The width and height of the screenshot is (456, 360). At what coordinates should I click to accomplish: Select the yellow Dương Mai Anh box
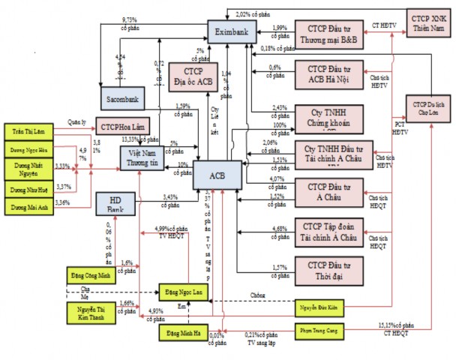tap(29, 202)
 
